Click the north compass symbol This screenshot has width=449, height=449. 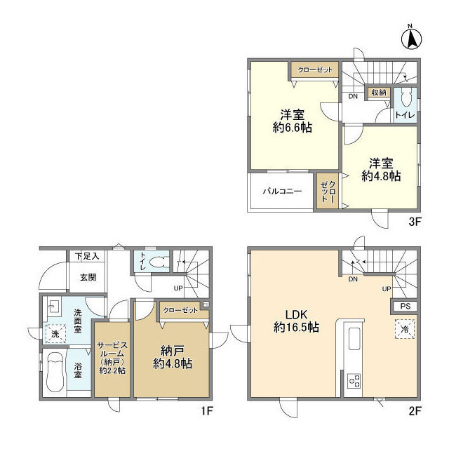coord(412,39)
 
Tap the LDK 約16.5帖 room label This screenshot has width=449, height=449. coord(296,321)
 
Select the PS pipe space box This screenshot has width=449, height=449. coord(406,306)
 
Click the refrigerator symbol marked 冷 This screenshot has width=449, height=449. coord(405,329)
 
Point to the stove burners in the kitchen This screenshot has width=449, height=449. coord(354,381)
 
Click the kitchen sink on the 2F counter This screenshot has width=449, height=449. coord(354,339)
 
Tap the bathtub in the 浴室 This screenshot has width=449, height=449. coord(55,372)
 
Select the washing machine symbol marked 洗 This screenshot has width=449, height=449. coord(55,334)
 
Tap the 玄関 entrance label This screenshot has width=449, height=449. coord(88,277)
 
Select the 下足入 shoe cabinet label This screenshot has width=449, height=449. coord(87,256)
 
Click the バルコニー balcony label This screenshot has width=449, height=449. coord(282,191)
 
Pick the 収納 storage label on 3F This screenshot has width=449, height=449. coord(379,93)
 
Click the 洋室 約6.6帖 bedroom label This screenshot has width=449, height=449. coord(293,121)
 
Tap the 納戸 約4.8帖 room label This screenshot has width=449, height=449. coord(173,357)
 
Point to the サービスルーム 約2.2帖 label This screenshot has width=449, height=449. coord(112,358)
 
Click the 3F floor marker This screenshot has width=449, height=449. coord(415,222)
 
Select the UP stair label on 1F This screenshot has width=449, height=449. coord(178,288)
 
